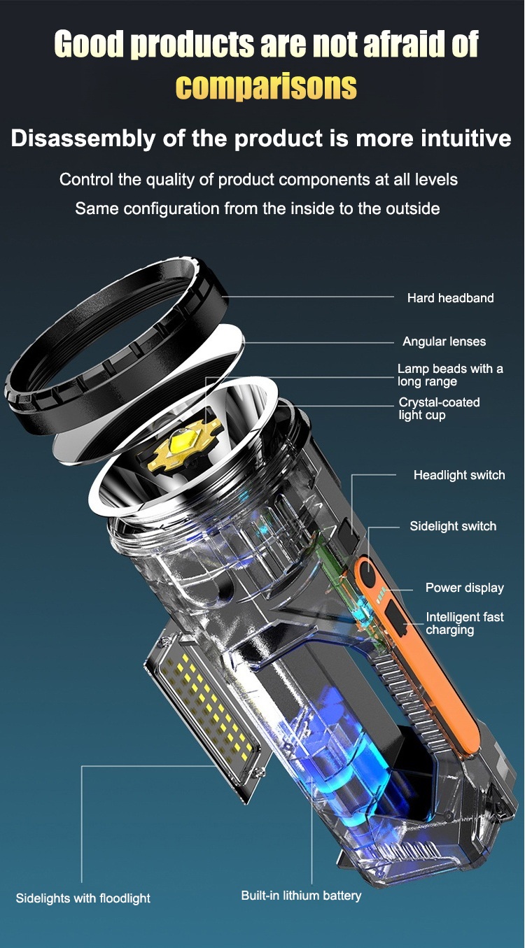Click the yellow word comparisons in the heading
(x=266, y=86)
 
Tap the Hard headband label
(x=451, y=298)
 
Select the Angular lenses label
(x=444, y=341)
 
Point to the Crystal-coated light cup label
(x=439, y=409)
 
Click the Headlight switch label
(x=459, y=475)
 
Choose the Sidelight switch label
(x=453, y=526)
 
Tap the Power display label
(x=465, y=588)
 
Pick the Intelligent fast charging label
(x=465, y=623)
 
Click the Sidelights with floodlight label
(x=83, y=898)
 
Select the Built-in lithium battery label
(x=301, y=896)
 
